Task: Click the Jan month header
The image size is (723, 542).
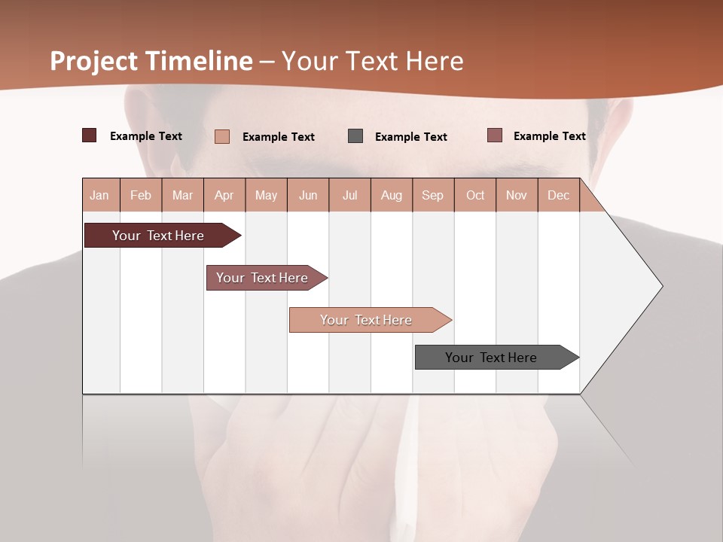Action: point(100,195)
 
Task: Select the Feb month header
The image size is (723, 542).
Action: point(141,195)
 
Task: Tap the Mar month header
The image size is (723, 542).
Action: point(182,195)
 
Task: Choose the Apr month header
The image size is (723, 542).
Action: point(224,195)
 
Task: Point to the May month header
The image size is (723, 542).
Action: point(266,195)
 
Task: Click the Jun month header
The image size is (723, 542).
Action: point(308,195)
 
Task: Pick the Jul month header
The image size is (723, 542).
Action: point(349,195)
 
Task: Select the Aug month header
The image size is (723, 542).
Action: point(392,195)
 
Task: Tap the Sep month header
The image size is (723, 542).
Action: point(433,195)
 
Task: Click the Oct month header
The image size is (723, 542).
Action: point(475,195)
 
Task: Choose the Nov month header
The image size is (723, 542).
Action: point(517,195)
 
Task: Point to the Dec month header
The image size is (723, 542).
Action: point(559,195)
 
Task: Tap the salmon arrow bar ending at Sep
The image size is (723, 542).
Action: point(367,320)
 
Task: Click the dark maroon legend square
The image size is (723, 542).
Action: point(90,135)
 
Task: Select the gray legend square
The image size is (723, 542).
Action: point(355,135)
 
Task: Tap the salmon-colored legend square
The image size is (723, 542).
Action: point(222,136)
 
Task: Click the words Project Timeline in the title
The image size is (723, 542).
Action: point(151,61)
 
